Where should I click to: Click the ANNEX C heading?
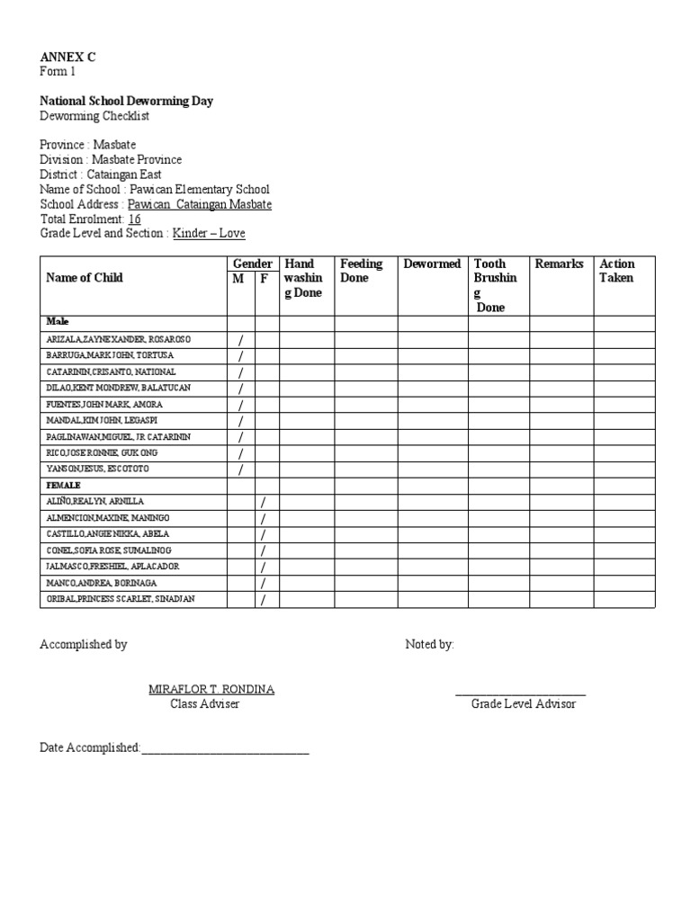67,57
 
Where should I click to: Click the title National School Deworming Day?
126,101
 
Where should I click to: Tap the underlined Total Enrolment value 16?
135,219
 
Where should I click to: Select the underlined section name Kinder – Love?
209,233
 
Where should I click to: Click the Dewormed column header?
432,264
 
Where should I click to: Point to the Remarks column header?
559,264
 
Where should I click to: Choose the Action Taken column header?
617,271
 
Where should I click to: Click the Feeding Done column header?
361,271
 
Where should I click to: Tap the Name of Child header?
85,278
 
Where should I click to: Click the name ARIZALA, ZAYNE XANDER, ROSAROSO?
119,340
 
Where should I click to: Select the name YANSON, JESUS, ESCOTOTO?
98,469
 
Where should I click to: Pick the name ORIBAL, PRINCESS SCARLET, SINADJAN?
121,599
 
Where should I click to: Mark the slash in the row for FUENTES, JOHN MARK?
241,405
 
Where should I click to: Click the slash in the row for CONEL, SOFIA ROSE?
264,550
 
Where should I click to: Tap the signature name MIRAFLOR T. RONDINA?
211,689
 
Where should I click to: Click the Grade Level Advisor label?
524,703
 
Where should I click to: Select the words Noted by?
430,644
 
